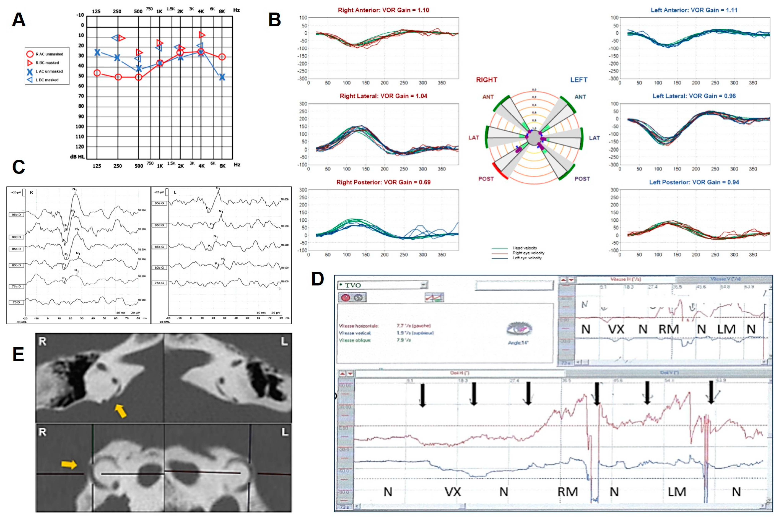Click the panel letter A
[x=19, y=20]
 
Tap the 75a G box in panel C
[x=159, y=283]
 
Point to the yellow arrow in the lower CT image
[x=69, y=465]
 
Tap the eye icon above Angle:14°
[x=519, y=329]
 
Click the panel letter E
[x=18, y=354]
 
